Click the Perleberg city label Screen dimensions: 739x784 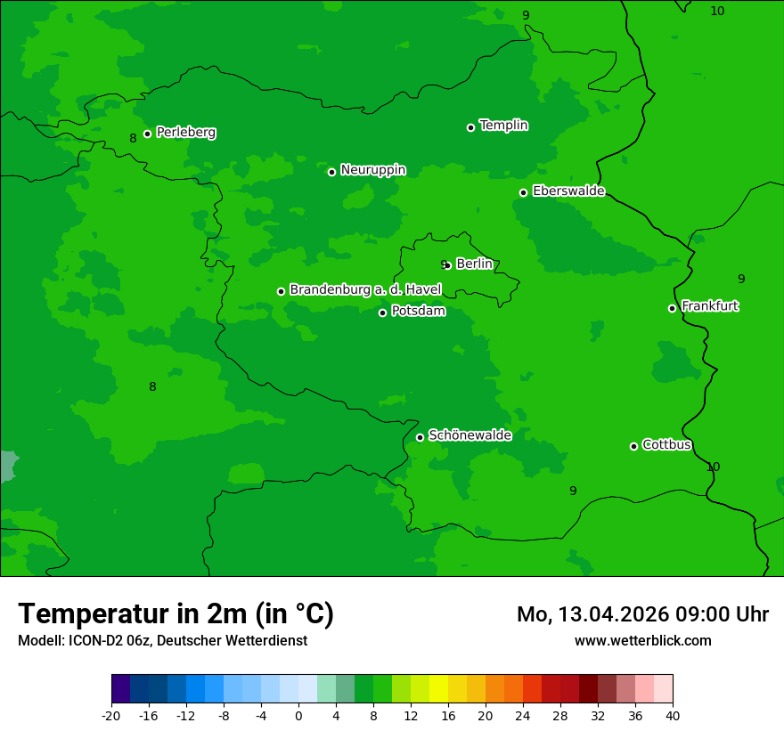tap(185, 133)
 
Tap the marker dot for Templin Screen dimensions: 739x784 tap(470, 127)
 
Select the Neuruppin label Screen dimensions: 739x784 tap(372, 170)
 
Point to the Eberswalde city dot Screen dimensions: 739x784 tap(523, 192)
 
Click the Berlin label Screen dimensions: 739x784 tap(474, 264)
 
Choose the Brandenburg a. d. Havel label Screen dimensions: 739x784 tap(365, 290)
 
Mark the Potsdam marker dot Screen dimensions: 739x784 tap(382, 313)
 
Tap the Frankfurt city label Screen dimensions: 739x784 tap(709, 306)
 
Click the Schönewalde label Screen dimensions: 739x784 tap(470, 435)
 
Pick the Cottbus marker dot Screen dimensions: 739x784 tap(633, 446)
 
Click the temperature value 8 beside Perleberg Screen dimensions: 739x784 tap(133, 138)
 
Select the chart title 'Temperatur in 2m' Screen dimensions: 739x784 tap(176, 614)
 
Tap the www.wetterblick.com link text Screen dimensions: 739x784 tap(642, 640)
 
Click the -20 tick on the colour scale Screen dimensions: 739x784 tap(111, 715)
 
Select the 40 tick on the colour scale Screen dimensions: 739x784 tap(673, 715)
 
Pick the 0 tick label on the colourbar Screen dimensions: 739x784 tap(298, 715)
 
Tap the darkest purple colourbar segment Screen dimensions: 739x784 tap(120, 689)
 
